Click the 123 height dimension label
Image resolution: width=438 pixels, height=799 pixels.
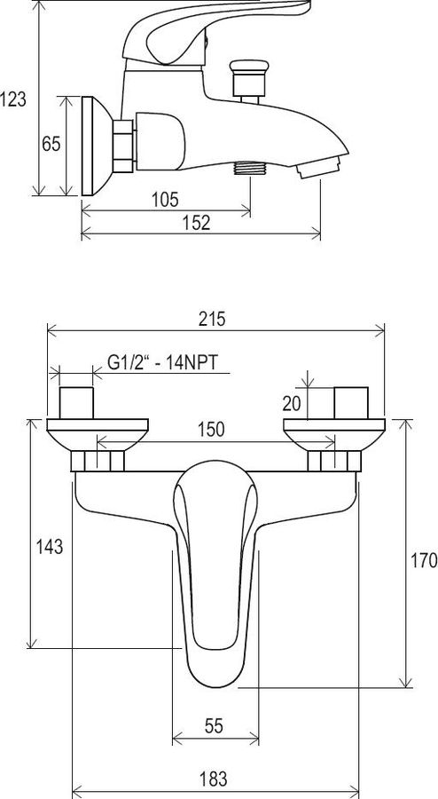tap(12, 99)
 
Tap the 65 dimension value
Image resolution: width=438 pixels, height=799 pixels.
tap(51, 144)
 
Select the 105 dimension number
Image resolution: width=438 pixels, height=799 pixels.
tap(165, 199)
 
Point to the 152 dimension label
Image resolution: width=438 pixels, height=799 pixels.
tap(196, 223)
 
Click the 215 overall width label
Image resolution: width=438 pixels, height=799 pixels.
tap(211, 320)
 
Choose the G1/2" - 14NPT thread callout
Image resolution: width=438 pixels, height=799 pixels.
tap(162, 363)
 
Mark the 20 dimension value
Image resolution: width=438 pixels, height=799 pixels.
tap(292, 404)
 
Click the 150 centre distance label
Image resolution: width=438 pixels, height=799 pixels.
tap(211, 430)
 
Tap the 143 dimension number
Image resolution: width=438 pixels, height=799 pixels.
tap(50, 547)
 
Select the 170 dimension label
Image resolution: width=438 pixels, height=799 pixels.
tap(424, 560)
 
